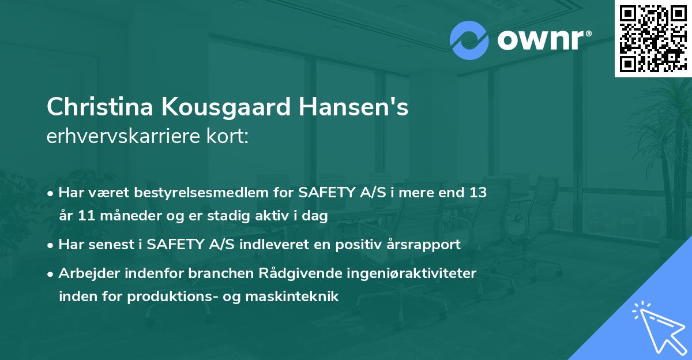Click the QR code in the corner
point(653,39)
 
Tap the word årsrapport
point(428,245)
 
